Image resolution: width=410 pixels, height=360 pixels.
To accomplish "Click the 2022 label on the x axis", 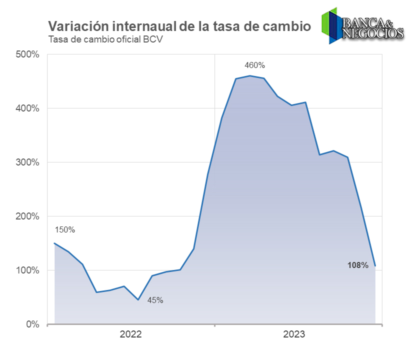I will (x=131, y=334).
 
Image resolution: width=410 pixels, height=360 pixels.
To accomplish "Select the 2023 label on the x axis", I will (x=298, y=334).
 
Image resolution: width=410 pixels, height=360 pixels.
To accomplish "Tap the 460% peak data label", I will (x=254, y=65).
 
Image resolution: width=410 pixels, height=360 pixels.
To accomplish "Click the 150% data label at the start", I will (x=64, y=230).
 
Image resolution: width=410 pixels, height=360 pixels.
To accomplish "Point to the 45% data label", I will (x=155, y=300).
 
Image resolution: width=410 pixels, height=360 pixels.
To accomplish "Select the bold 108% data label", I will (x=358, y=265).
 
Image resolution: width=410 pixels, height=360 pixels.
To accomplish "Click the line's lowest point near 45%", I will (x=138, y=299).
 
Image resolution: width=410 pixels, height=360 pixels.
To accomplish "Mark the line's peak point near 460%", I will (x=250, y=76).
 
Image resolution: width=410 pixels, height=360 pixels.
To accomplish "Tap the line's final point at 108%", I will (x=375, y=265).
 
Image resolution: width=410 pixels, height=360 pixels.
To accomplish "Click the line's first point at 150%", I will (x=54, y=243).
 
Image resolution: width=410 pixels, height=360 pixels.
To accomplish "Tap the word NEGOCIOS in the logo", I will (x=373, y=33).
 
